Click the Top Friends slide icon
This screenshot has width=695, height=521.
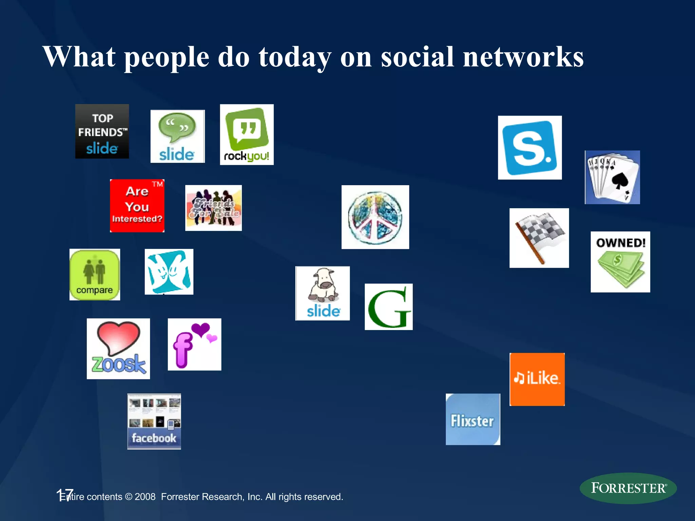click(102, 131)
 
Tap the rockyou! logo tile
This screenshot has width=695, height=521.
click(247, 135)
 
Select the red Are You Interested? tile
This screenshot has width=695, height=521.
click(137, 206)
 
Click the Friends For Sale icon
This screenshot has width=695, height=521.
click(213, 208)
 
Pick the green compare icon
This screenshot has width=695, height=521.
click(95, 275)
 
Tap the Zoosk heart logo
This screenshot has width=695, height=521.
click(118, 349)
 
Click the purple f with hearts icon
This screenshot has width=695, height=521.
click(194, 344)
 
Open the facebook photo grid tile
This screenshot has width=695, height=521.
click(154, 421)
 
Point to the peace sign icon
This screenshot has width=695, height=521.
click(375, 217)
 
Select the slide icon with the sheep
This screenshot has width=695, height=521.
click(322, 293)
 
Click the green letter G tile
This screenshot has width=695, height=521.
click(389, 307)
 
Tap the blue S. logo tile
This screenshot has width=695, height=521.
click(530, 148)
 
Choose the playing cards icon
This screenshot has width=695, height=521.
click(612, 177)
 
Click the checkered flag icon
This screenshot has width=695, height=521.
click(539, 238)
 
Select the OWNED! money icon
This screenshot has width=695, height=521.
click(620, 262)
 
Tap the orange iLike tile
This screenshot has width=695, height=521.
click(537, 379)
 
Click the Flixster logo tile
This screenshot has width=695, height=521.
click(473, 419)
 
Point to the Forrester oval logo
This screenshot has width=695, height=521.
click(628, 488)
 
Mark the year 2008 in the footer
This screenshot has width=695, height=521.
click(145, 497)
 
